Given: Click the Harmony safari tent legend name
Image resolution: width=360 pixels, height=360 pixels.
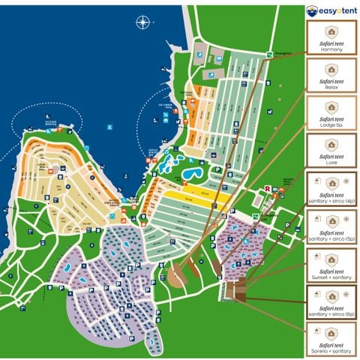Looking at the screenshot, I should point(331,49).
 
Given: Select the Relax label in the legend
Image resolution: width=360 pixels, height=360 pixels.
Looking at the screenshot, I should point(331,88).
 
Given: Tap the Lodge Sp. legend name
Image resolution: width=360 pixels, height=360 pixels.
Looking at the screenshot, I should point(331,125).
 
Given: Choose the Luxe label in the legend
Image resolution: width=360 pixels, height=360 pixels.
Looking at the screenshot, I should point(331,163).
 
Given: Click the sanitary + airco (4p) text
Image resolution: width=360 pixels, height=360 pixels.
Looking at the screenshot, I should point(331,200).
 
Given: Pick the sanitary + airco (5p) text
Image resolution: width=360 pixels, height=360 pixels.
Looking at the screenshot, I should point(331,238).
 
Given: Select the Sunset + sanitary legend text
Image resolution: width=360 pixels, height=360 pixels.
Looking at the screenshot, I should point(331,276).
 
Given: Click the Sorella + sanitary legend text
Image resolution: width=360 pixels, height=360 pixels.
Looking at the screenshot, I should point(331,351).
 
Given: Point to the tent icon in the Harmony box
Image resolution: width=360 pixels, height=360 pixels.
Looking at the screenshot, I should point(331,31).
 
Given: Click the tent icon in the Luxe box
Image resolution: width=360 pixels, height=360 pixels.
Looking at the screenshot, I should point(331,145).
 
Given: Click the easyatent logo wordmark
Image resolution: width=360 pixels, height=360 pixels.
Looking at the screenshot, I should point(337,10).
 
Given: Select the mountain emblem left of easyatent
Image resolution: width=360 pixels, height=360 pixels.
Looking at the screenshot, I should point(312,10).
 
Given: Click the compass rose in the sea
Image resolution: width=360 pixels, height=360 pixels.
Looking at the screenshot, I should point(143,22).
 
